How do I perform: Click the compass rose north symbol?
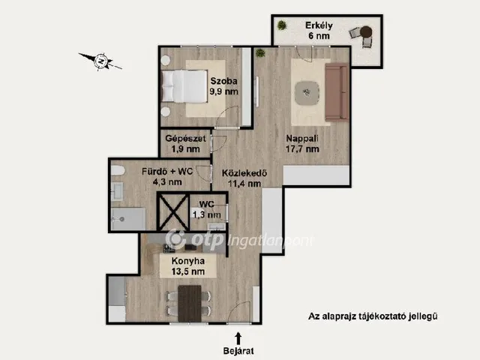click(x=100, y=61)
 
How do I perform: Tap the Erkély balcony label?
click(x=319, y=25)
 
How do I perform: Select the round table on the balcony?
click(x=366, y=31)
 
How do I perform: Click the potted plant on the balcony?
click(x=282, y=25)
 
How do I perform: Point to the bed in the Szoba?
click(x=184, y=86)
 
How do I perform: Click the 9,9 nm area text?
click(x=223, y=91)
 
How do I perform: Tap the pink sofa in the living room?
click(x=337, y=92)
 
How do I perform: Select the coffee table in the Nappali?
click(x=307, y=93)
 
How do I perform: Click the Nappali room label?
click(x=302, y=138)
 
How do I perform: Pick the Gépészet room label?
click(x=185, y=138)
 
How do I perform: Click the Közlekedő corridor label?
click(x=244, y=173)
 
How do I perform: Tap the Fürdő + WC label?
click(x=167, y=172)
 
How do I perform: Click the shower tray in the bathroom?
click(x=128, y=219)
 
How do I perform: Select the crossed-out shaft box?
click(x=173, y=211)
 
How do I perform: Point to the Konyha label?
click(x=188, y=261)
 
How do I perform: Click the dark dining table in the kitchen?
click(x=190, y=303)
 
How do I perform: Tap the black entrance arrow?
click(x=238, y=339)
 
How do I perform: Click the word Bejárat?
click(x=238, y=351)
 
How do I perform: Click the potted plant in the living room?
click(x=260, y=52)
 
